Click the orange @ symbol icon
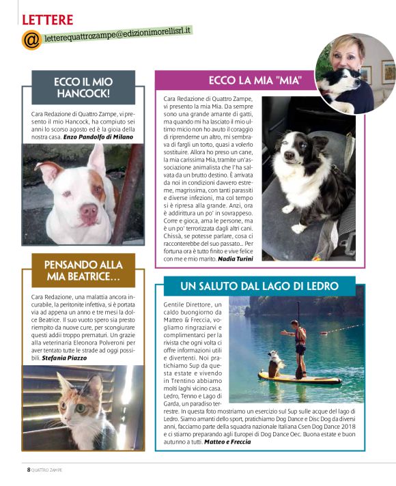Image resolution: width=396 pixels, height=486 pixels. click(x=31, y=40)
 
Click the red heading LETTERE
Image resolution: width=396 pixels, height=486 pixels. click(x=47, y=18)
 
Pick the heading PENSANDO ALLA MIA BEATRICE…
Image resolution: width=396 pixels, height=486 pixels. click(x=83, y=271)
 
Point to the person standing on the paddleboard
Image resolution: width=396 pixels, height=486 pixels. click(x=298, y=345)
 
